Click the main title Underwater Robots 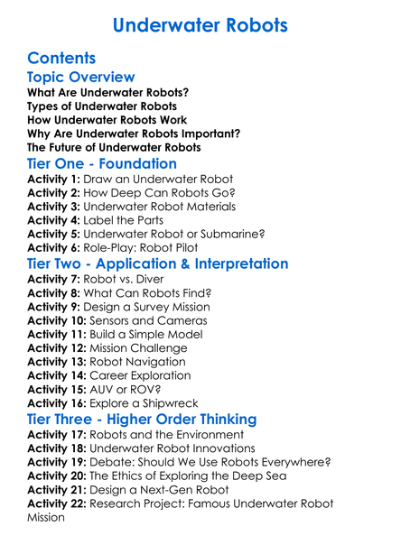click(200, 24)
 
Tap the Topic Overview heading click(81, 78)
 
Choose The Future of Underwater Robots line click(114, 147)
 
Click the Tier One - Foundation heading click(102, 164)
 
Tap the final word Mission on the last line click(48, 518)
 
